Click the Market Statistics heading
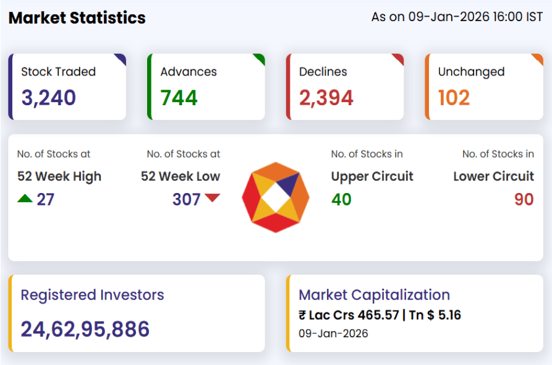tap(77, 18)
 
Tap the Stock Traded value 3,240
tap(49, 98)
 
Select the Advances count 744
tap(179, 98)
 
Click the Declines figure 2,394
tap(326, 98)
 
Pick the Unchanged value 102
tap(454, 98)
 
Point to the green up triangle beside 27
tap(25, 199)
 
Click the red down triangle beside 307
tap(213, 198)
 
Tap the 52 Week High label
tap(59, 176)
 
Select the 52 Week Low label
tap(180, 176)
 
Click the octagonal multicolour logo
tap(276, 197)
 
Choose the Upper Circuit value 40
tap(341, 199)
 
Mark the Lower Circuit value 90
tap(524, 199)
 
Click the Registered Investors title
tap(93, 295)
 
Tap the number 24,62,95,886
tap(85, 329)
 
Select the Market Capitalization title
tap(375, 295)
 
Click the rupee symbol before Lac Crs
tap(302, 316)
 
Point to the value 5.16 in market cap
tap(449, 316)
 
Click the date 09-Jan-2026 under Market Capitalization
tap(333, 334)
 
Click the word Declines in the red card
tap(323, 72)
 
